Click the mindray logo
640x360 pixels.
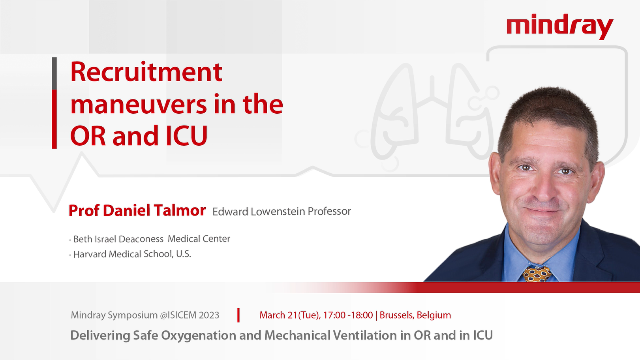pos(560,27)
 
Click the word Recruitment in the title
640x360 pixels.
pos(146,71)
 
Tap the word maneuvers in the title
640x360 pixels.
pos(139,104)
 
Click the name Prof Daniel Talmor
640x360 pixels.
pos(137,210)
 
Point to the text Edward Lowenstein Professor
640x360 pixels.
pos(282,212)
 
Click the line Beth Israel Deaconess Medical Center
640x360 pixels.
pos(150,239)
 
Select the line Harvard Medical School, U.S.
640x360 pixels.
pos(130,254)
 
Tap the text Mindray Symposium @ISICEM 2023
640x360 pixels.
pos(145,315)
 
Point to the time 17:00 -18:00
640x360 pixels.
pos(348,315)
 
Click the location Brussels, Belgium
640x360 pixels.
pos(415,315)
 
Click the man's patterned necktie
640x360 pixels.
pos(537,274)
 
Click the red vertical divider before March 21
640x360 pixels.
pos(238,315)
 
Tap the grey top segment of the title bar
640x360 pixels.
pos(54,73)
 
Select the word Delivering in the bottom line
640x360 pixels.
pos(100,336)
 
